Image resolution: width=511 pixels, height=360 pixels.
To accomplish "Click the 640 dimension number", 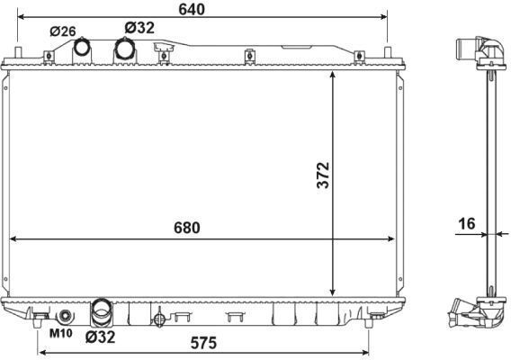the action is pos(192,9).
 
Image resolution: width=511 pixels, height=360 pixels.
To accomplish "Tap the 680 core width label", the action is pos(187,228).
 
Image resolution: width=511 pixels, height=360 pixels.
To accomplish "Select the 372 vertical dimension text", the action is pos(324,175).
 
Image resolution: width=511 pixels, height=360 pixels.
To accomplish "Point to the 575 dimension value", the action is pos(203,343).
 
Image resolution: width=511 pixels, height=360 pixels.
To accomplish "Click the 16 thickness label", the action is pos(467,224).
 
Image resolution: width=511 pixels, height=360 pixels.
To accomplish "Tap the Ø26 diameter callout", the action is pos(63,31).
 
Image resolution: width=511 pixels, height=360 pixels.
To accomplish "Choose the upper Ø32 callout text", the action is pos(139,28).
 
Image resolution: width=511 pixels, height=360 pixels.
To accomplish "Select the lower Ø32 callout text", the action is pos(101,337).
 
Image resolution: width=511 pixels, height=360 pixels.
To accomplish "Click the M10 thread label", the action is pos(60,333).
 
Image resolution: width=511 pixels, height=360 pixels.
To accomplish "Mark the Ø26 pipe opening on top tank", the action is pos(81,48).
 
